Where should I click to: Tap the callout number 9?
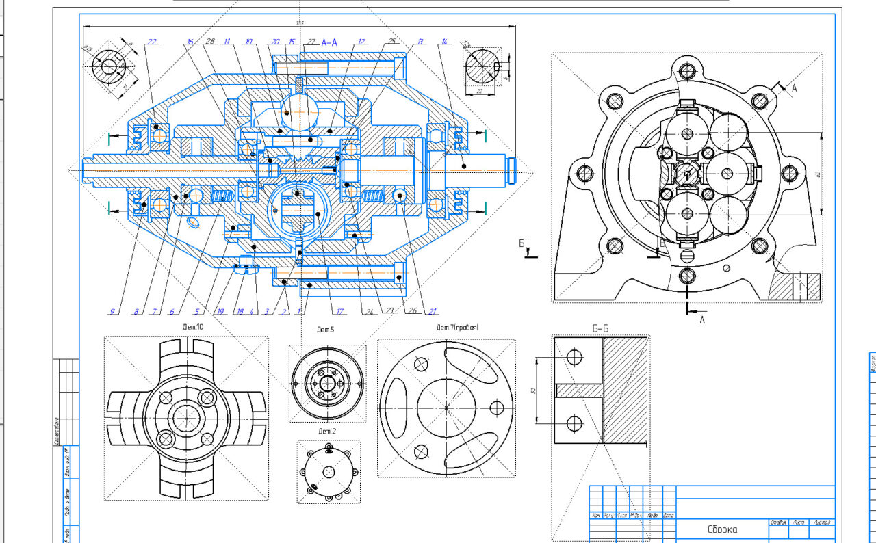[112, 312]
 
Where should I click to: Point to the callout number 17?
[339, 312]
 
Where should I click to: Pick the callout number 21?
[433, 312]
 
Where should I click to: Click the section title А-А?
[329, 42]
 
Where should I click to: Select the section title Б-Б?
[600, 329]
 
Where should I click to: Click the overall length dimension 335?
[299, 24]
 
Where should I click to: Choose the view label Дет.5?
[325, 330]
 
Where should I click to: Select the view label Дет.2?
[326, 432]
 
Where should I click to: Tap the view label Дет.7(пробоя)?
[458, 328]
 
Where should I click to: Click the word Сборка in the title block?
[723, 529]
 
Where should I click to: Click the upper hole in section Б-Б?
[575, 356]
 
